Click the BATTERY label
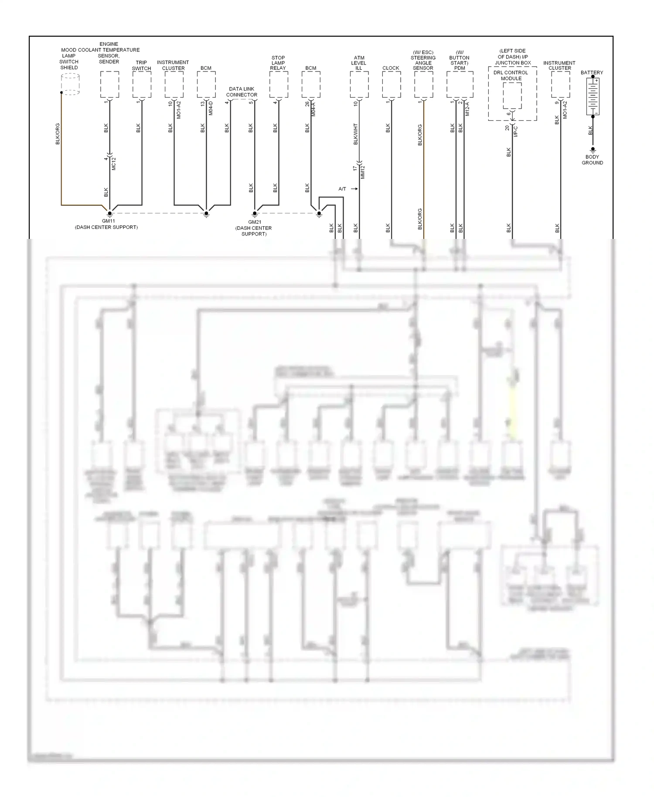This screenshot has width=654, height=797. (592, 72)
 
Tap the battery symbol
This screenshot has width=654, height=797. (593, 96)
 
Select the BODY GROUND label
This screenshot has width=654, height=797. (592, 160)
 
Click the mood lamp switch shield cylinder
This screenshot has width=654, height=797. (70, 84)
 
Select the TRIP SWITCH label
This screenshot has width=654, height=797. (141, 65)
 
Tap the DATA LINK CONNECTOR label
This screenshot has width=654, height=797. (242, 92)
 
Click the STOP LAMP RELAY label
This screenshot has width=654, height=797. (278, 63)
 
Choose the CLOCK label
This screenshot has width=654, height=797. (391, 68)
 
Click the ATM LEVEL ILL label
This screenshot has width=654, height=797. (359, 63)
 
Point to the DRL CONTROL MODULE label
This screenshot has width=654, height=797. (511, 75)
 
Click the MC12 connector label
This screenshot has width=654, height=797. (114, 163)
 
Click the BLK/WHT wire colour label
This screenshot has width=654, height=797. (356, 134)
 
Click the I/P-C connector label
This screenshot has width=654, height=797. (515, 131)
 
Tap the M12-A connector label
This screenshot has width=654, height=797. (467, 109)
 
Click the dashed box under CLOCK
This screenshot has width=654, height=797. (391, 84)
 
